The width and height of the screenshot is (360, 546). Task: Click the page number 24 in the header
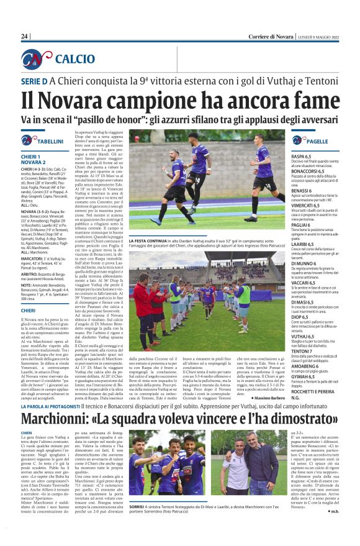[25, 37]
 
